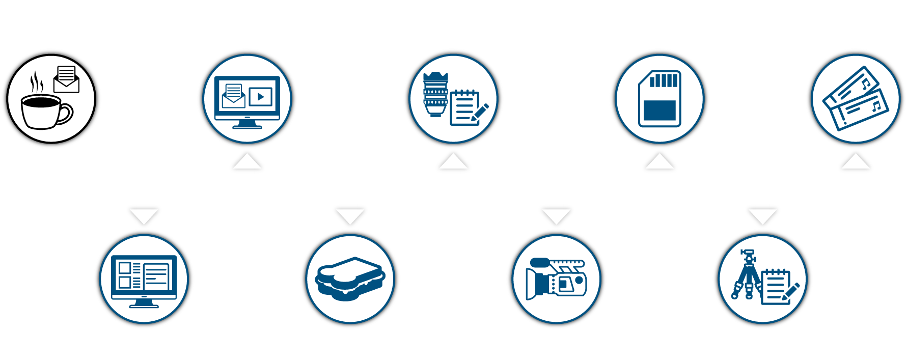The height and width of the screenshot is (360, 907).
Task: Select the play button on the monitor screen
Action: [261, 96]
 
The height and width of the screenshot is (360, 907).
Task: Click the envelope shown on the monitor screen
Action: [234, 96]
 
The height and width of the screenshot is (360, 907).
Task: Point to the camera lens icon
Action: [435, 94]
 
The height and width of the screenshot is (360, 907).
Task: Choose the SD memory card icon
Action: [659, 98]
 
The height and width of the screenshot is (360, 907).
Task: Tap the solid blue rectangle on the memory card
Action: [659, 110]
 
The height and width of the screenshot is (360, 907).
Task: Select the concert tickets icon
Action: [856, 98]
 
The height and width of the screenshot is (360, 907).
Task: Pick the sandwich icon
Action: [350, 279]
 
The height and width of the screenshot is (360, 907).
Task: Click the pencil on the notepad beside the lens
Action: [480, 112]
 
